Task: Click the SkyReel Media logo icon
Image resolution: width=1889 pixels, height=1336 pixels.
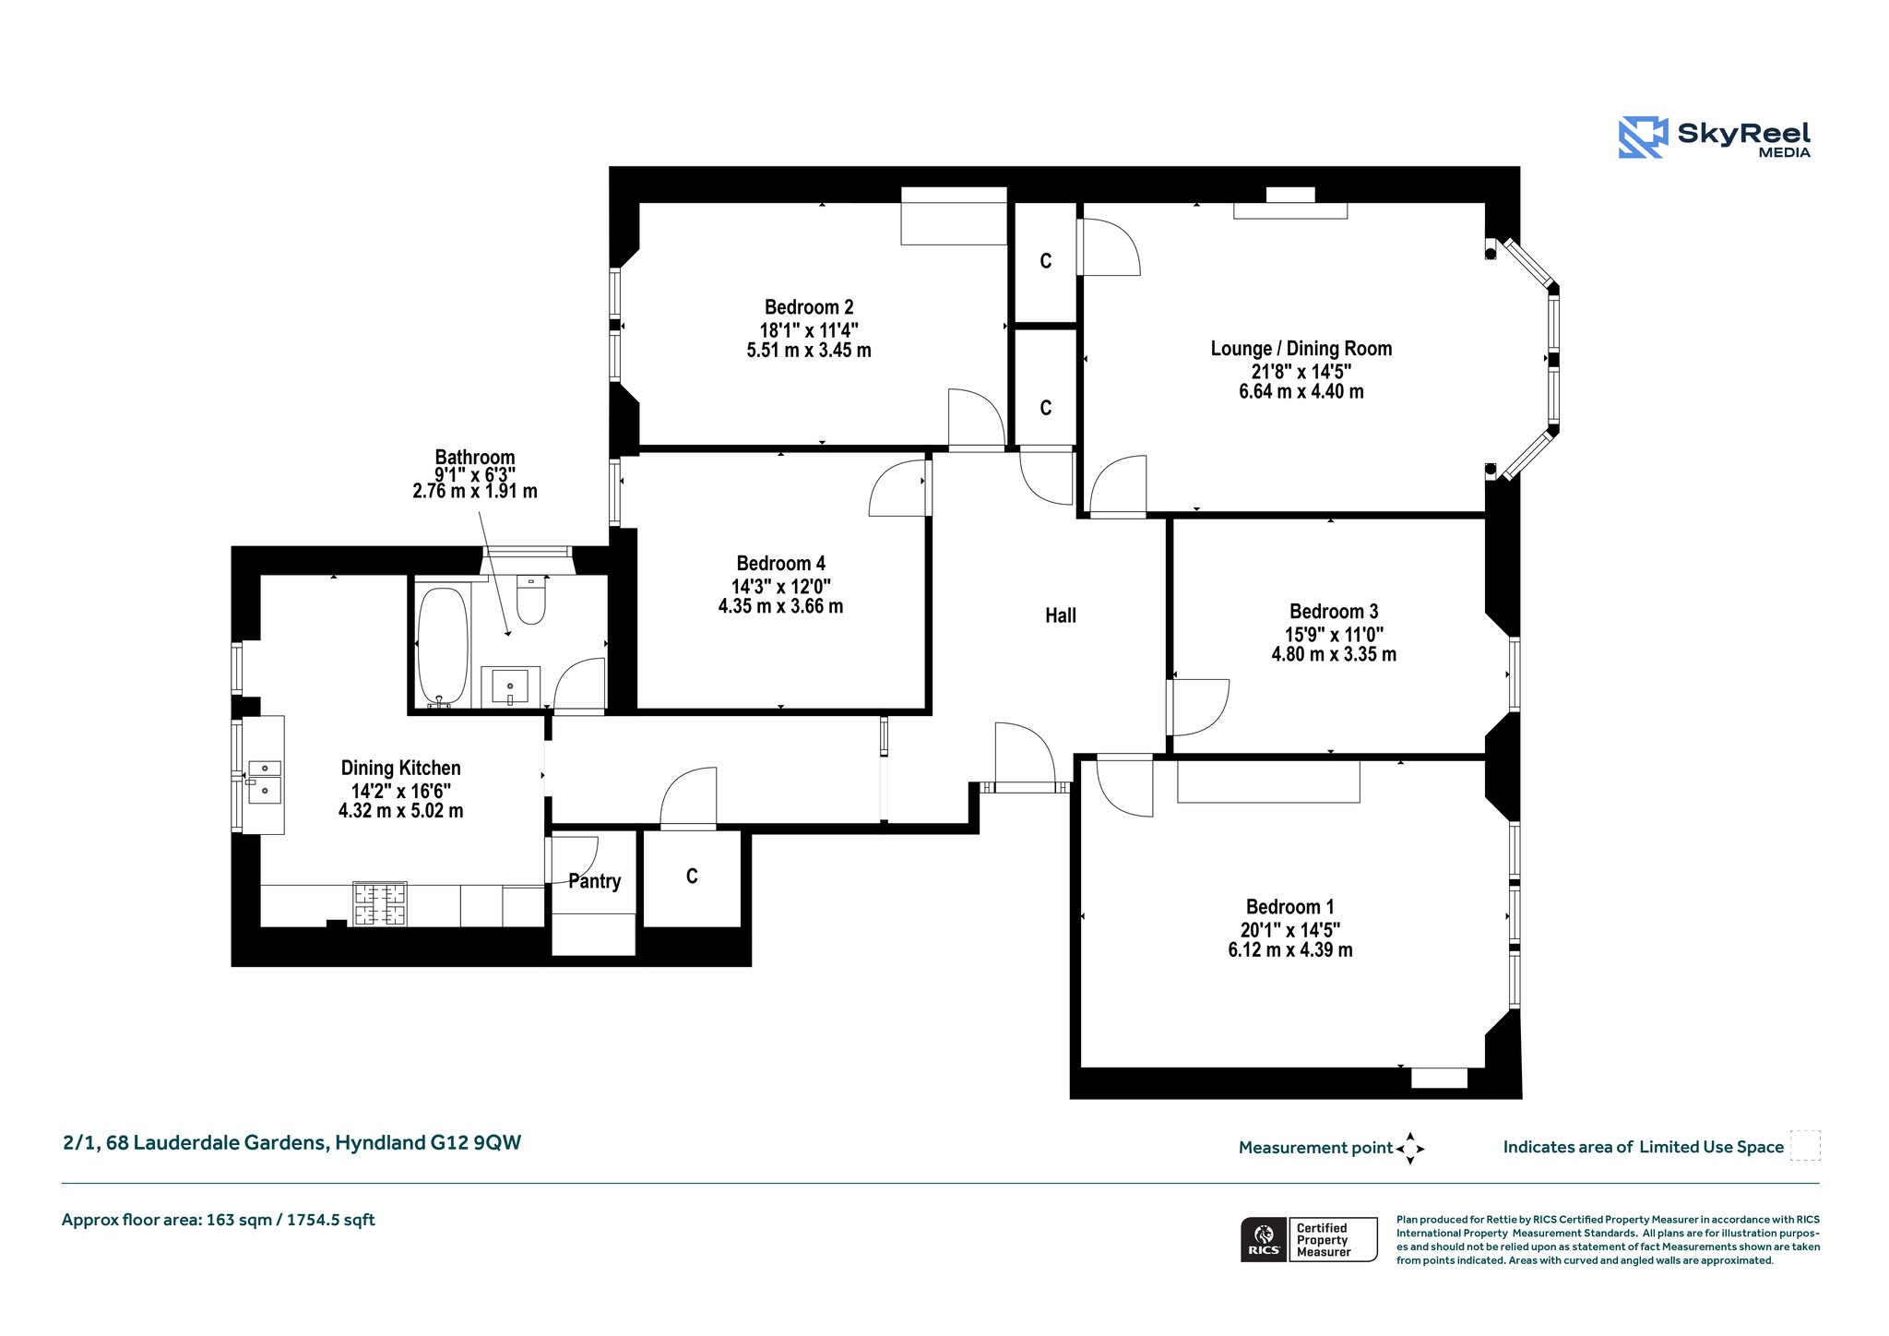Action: point(1643,137)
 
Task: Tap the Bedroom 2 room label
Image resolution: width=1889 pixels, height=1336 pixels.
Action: point(809,307)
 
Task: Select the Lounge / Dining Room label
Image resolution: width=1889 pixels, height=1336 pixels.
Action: point(1301,349)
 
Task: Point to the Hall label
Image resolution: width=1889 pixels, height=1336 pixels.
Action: point(1061,615)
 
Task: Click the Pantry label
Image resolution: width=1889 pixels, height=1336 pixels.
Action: point(594,881)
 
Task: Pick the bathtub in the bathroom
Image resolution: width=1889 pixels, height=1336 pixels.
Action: point(443,647)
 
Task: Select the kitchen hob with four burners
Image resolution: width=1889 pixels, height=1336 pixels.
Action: point(380,904)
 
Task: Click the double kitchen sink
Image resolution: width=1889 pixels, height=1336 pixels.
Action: point(265,779)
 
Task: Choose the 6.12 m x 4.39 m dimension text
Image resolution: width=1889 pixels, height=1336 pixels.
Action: point(1290,950)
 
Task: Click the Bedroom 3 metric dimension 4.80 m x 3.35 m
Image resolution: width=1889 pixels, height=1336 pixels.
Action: point(1334,654)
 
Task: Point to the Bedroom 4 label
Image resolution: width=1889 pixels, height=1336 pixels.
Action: point(781,564)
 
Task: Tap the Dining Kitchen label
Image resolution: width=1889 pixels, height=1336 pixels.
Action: point(401,768)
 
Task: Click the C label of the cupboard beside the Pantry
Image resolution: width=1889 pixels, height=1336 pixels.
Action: point(692,877)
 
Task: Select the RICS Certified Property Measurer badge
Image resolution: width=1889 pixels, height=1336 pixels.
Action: point(1309,1239)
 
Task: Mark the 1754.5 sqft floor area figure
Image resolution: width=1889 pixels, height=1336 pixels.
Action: point(331,1220)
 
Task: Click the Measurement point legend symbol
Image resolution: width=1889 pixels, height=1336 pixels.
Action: point(1410,1149)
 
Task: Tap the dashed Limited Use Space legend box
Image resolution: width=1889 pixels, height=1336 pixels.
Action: point(1805,1145)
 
